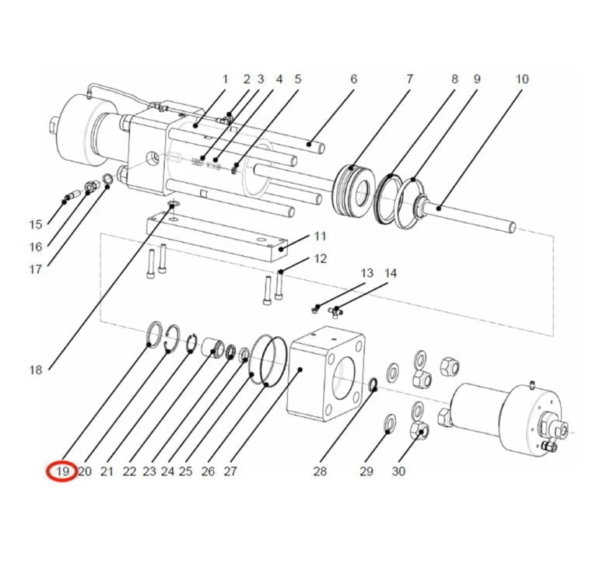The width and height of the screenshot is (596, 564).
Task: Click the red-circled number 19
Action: click(x=62, y=471)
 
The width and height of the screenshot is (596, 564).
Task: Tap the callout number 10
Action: click(x=522, y=79)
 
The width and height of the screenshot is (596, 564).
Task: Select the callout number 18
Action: click(x=36, y=370)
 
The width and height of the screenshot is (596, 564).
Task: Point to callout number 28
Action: click(x=320, y=471)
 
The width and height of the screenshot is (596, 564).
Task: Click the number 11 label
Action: click(x=321, y=236)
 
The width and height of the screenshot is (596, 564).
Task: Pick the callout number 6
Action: click(x=354, y=79)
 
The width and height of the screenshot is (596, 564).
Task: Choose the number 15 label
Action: click(x=36, y=224)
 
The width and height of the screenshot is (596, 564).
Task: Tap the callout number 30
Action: click(x=398, y=471)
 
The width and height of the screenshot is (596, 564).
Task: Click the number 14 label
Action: click(x=391, y=273)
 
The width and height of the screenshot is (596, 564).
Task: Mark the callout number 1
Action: click(x=225, y=79)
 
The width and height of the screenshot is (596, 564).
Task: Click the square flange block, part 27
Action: click(x=326, y=373)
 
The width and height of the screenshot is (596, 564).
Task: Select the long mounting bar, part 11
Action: click(x=217, y=236)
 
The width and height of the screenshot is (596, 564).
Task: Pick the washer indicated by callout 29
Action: click(x=391, y=425)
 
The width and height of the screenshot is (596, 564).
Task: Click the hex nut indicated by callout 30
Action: click(x=420, y=429)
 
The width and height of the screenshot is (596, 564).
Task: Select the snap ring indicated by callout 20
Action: click(x=172, y=338)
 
